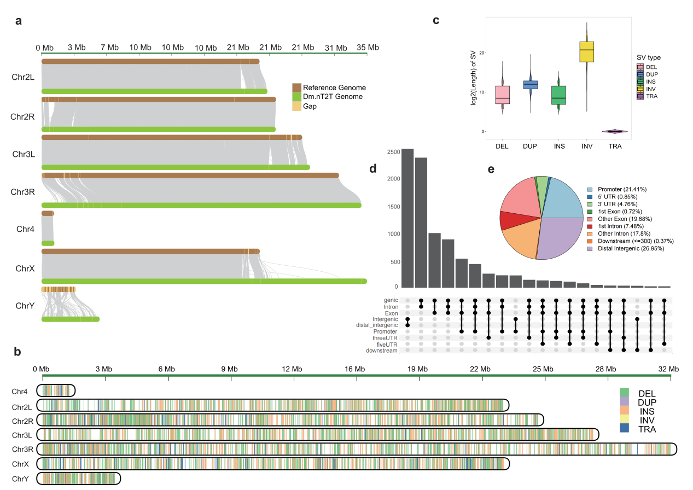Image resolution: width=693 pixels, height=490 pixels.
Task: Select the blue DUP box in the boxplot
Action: (531, 84)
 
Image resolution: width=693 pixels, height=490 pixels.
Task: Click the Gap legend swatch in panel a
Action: (297, 107)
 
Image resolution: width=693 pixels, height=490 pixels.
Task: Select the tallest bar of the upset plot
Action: (407, 218)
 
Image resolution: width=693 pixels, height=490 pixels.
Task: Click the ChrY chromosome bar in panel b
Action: (78, 479)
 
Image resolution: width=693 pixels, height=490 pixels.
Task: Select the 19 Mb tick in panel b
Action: (419, 370)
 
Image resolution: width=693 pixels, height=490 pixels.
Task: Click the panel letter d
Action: (373, 168)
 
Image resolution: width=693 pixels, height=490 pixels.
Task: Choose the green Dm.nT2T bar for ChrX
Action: (203, 281)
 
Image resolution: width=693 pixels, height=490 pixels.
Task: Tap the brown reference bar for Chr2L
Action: (150, 61)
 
